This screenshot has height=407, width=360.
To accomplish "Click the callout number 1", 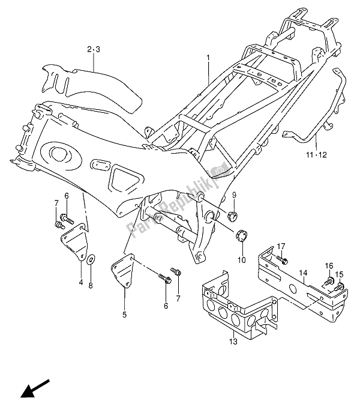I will (209, 59).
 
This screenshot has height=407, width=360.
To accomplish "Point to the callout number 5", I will (125, 313).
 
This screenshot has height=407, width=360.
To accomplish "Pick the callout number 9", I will (234, 194).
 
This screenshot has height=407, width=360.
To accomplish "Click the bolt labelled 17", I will (284, 261).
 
